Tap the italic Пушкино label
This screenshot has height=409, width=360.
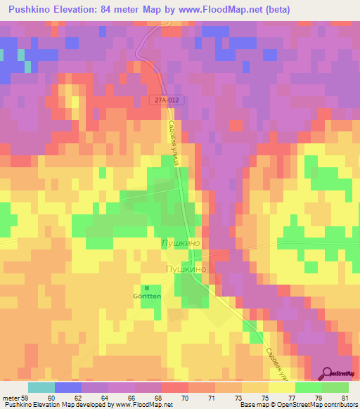pos(181,242)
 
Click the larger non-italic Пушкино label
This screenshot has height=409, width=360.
pos(185,268)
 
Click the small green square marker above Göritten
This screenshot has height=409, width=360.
pos(147,288)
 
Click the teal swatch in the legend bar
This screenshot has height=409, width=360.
pos(41,387)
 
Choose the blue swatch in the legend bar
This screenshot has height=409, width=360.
pos(67,387)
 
